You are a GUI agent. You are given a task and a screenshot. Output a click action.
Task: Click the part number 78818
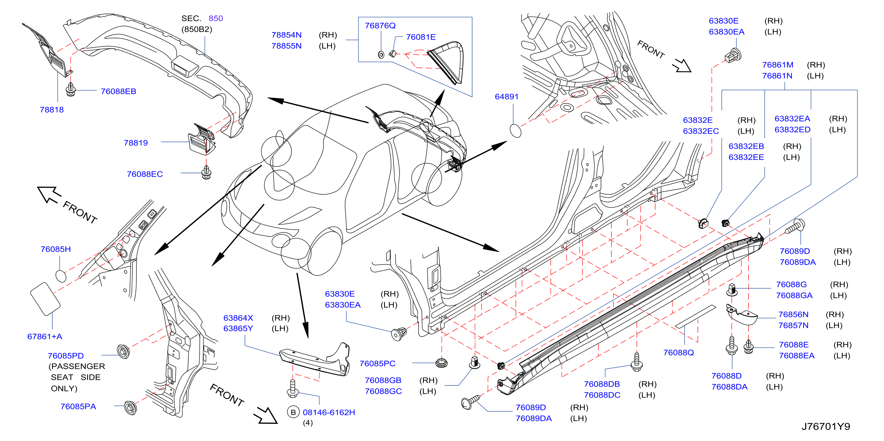pyautogui.click(x=52, y=110)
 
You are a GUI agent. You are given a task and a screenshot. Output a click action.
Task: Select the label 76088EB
pyautogui.click(x=118, y=91)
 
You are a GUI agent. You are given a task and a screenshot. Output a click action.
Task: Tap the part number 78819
pyautogui.click(x=136, y=143)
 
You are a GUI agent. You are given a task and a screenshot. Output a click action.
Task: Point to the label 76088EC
pyautogui.click(x=145, y=174)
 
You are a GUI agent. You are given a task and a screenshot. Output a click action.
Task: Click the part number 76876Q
pyautogui.click(x=380, y=26)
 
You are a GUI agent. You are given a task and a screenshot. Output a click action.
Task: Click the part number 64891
pyautogui.click(x=507, y=97)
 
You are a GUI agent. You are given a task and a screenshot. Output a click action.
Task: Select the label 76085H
pyautogui.click(x=56, y=249)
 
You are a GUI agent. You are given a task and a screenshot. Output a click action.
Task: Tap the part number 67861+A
pyautogui.click(x=45, y=336)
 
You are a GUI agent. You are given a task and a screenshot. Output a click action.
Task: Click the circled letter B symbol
pyautogui.click(x=293, y=412)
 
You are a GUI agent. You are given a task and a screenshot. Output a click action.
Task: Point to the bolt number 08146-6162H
pyautogui.click(x=329, y=412)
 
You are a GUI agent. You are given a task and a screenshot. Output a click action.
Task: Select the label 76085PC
pyautogui.click(x=377, y=363)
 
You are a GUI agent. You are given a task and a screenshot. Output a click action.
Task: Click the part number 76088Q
pyautogui.click(x=678, y=353)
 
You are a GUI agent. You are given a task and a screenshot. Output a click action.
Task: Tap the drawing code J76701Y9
pyautogui.click(x=826, y=426)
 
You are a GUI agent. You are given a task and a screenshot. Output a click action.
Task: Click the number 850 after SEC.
pyautogui.click(x=216, y=18)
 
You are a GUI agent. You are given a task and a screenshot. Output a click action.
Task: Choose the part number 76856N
pyautogui.click(x=793, y=314)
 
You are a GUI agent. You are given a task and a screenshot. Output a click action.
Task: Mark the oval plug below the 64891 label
pyautogui.click(x=515, y=131)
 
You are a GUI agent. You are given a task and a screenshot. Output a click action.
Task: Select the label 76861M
pyautogui.click(x=778, y=65)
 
